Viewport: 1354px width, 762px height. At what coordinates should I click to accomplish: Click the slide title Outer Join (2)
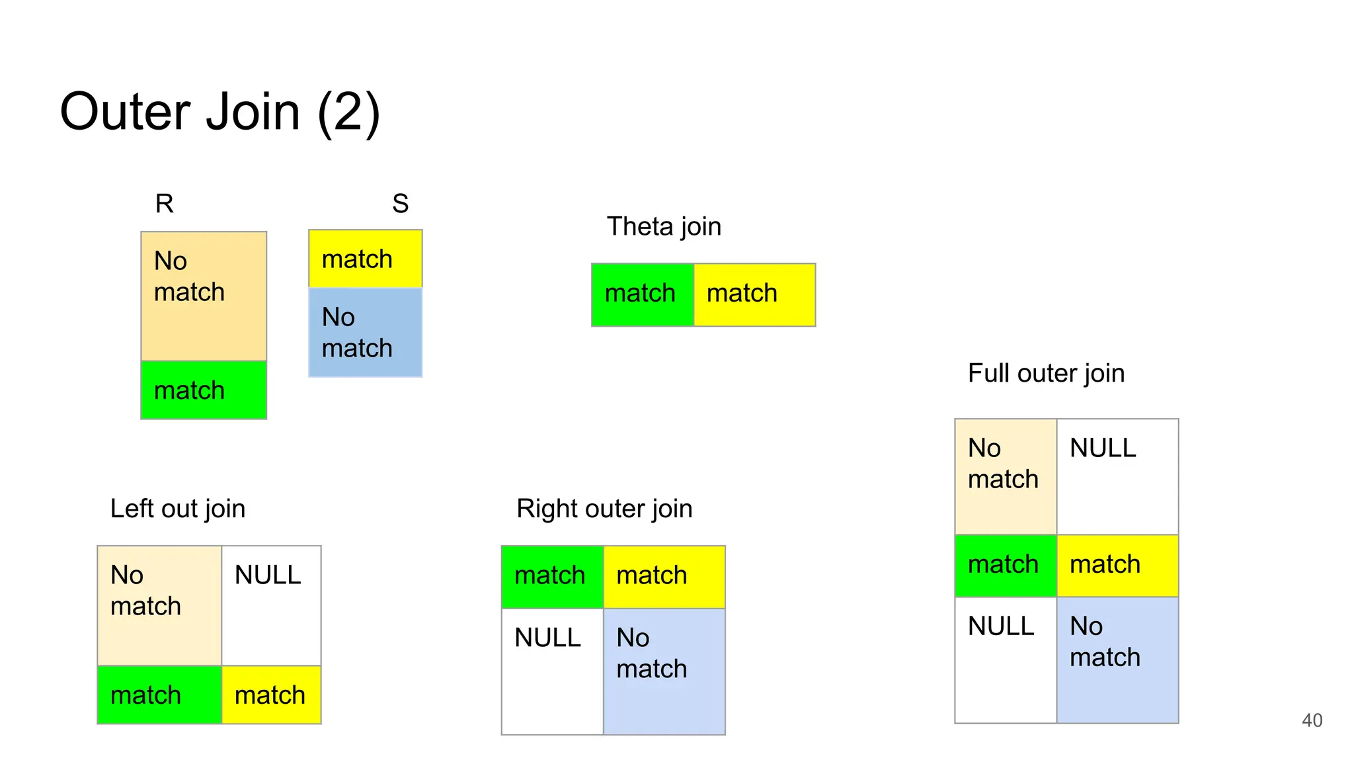(219, 112)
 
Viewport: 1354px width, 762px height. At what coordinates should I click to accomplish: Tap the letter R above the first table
(164, 203)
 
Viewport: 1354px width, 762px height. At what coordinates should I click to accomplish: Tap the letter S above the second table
(400, 203)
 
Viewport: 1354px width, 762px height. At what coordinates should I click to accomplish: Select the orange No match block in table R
(204, 296)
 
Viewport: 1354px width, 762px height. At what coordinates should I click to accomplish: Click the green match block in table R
(204, 390)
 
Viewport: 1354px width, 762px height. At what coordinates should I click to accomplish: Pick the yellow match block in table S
(365, 259)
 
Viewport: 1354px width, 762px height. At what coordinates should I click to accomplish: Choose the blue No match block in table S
(365, 333)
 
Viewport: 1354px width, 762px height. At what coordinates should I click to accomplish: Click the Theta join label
(664, 227)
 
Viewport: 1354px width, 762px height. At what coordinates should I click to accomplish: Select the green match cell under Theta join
(642, 294)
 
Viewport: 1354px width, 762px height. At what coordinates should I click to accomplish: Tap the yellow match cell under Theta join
(754, 294)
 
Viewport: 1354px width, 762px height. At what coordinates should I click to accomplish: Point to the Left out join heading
(177, 509)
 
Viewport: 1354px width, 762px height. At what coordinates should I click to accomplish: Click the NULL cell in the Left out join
(271, 605)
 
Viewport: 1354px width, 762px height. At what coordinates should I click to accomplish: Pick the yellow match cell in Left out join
(271, 695)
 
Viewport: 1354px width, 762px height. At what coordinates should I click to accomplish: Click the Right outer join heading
(604, 509)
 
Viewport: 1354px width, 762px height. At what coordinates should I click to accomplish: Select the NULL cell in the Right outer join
(552, 671)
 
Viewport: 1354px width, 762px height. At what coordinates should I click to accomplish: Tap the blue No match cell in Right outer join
(664, 671)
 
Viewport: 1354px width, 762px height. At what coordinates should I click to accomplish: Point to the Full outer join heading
(1046, 373)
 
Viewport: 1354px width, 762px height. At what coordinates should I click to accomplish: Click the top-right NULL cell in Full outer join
(1117, 476)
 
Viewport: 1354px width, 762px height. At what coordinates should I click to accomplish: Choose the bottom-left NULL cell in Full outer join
(1006, 659)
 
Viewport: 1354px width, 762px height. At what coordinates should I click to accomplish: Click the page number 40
(1312, 720)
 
